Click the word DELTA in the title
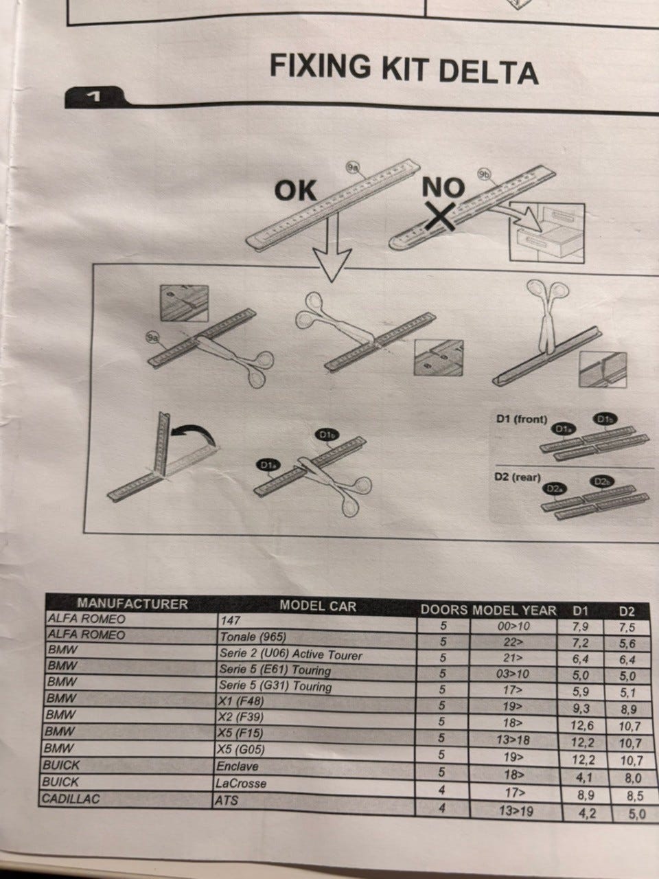coord(488,72)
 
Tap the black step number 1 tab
coord(96,97)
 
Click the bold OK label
coord(296,191)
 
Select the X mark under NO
coord(440,216)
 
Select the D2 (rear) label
coord(518,477)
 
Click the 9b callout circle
coord(484,174)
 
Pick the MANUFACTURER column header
coord(132,604)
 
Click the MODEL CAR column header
coord(318,606)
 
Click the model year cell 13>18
coord(513,740)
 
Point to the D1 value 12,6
coord(582,725)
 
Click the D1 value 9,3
coord(581,709)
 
